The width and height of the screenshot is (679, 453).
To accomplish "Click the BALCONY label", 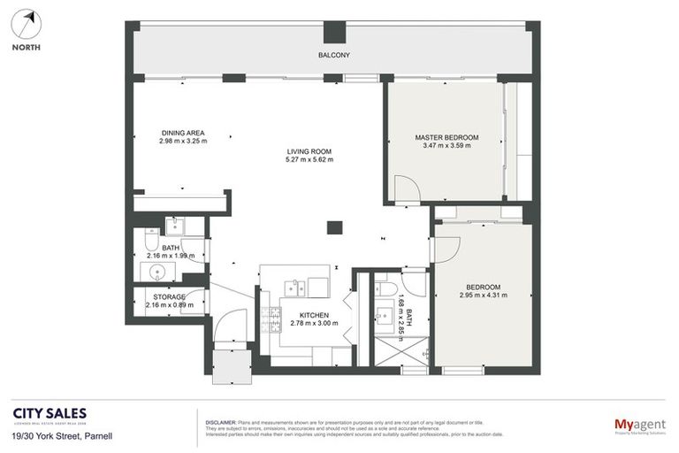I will [334, 56].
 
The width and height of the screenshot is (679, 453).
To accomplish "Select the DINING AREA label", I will [182, 133].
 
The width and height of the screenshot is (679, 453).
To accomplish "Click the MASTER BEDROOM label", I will [446, 137].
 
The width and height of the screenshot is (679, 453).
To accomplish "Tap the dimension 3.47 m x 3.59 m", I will [446, 146].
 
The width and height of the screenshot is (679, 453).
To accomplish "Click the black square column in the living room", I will [334, 227].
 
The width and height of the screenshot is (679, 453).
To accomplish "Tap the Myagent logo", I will [639, 426].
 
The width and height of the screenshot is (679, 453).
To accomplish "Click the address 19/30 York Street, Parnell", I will [62, 436].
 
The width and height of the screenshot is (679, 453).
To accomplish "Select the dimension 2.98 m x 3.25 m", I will [182, 142].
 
